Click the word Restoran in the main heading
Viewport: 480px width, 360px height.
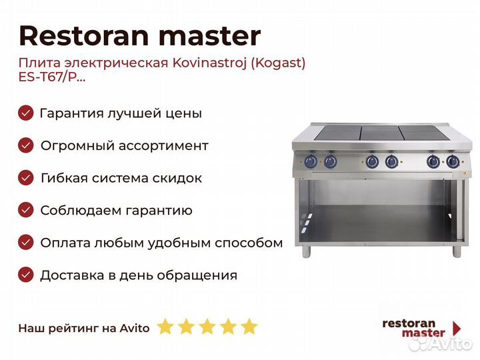84,36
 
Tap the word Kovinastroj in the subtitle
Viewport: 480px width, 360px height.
209,63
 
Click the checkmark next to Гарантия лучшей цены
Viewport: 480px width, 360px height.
26,113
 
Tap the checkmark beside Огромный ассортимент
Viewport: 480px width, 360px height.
26,145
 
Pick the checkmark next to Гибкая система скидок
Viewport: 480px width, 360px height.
26,177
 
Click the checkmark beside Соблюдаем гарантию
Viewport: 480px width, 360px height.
26,210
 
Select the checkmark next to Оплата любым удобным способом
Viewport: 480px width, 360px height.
26,243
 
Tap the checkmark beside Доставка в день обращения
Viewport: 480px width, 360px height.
26,275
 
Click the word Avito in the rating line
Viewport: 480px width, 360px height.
135,328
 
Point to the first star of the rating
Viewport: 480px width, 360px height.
165,326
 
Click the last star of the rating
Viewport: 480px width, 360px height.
249,326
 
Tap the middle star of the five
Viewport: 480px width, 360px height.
207,326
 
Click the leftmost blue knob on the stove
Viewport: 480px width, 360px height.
311,161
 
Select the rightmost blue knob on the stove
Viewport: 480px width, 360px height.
453,161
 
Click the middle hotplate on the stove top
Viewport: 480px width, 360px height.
379,133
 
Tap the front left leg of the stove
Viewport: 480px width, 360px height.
306,251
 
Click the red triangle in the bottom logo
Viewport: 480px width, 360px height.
457,329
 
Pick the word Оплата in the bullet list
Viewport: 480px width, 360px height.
65,243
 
